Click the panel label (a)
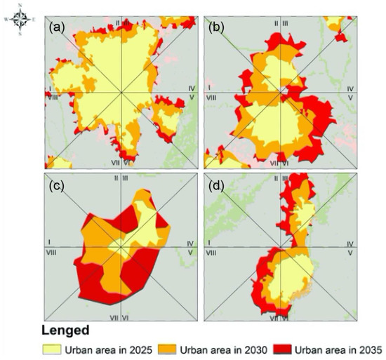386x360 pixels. click(58, 29)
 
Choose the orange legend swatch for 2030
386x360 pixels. click(163, 349)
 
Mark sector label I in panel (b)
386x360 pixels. click(209, 87)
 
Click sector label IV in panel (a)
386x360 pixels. click(190, 88)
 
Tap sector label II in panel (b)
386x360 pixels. click(277, 25)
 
